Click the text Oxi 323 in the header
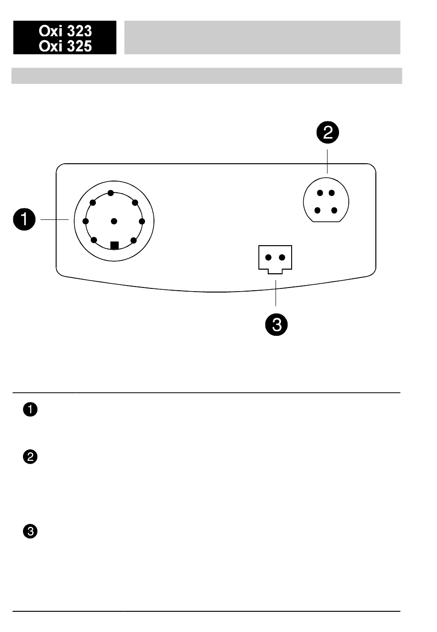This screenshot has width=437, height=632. (65, 31)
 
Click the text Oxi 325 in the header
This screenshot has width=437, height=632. (65, 46)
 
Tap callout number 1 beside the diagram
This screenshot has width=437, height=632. (24, 220)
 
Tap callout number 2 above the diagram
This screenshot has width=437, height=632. (327, 132)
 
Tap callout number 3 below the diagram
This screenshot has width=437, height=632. (276, 325)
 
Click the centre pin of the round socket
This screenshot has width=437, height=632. (114, 221)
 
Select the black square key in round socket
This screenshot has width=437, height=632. (115, 245)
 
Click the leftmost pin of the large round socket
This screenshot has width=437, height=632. (85, 221)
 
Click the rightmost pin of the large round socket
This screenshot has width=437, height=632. (142, 221)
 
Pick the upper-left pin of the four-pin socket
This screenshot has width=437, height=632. (320, 193)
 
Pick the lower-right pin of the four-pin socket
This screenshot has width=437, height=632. (334, 211)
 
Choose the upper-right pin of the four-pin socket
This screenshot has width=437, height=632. (331, 193)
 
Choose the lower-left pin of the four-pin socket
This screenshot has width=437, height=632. (317, 211)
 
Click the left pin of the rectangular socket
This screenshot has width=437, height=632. (268, 257)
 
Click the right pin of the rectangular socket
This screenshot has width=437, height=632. (282, 257)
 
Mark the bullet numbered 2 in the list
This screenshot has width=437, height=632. (30, 457)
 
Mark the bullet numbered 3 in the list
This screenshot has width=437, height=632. (30, 532)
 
